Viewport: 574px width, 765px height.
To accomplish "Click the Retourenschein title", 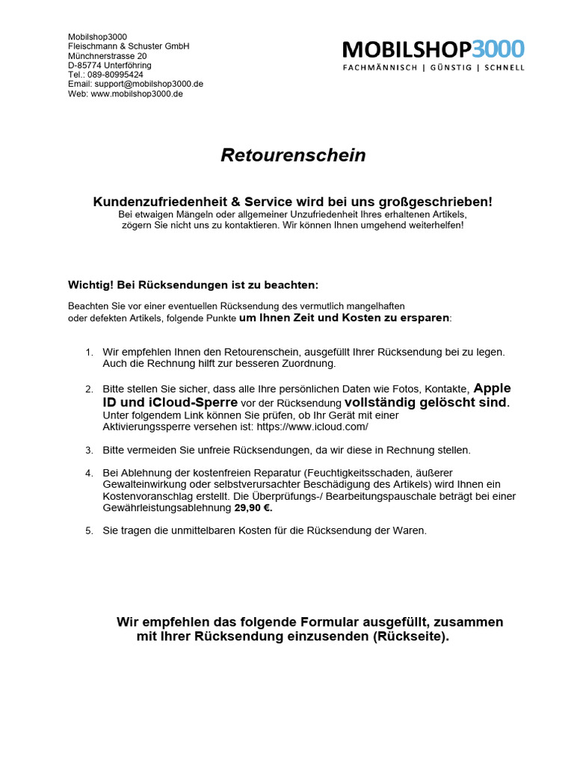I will click(293, 155).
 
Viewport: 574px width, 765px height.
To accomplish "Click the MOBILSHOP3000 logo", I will click(433, 50).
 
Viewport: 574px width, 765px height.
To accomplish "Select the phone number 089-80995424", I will click(116, 75).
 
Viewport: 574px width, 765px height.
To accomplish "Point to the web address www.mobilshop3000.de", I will click(137, 94).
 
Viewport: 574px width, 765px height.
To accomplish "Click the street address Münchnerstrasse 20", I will click(107, 56).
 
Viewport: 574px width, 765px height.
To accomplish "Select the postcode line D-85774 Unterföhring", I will click(109, 66).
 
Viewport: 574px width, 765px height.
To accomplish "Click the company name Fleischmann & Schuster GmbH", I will click(129, 46).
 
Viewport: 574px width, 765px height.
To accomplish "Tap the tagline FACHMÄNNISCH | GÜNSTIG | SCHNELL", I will click(433, 68).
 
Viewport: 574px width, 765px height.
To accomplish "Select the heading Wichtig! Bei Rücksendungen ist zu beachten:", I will click(194, 285).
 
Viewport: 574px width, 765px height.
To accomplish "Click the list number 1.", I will click(88, 352).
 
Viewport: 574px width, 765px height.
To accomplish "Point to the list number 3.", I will click(88, 450).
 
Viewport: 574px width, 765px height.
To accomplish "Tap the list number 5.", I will click(88, 531).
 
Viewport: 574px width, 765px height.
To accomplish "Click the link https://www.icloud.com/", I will click(312, 427).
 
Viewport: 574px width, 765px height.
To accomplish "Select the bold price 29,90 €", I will click(253, 508).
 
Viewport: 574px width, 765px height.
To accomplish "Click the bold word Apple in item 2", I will click(493, 388).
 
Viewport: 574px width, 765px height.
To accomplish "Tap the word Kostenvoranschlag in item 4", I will click(146, 497).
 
